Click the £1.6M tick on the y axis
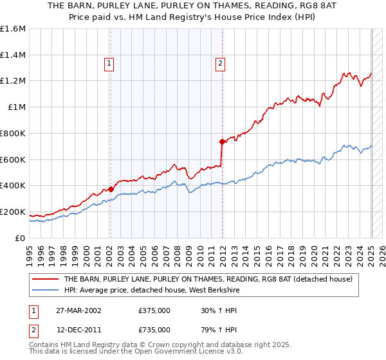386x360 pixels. (12, 29)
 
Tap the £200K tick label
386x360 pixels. (12, 212)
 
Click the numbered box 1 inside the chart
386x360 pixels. (110, 64)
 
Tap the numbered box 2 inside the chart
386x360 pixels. (220, 64)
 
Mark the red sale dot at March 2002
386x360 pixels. (111, 189)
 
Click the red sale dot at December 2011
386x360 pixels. (222, 141)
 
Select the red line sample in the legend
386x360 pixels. (46, 280)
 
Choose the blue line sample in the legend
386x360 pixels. (46, 291)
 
